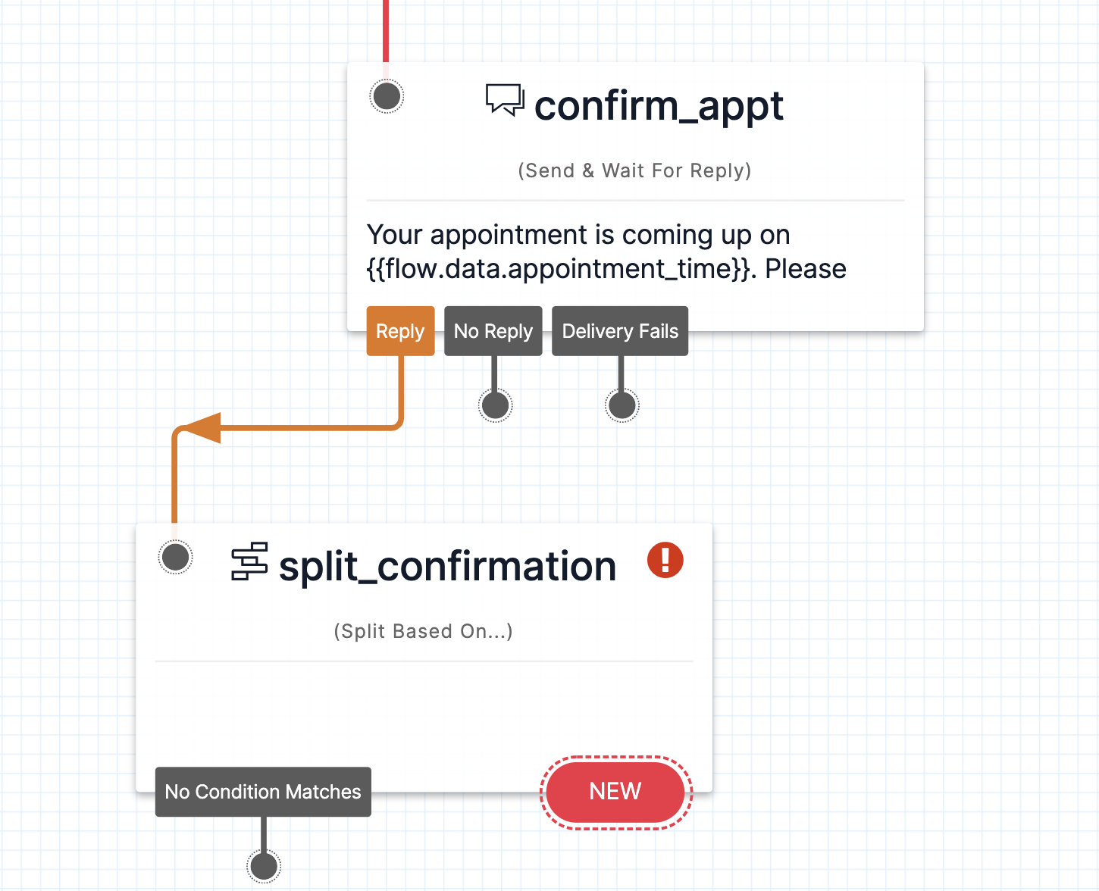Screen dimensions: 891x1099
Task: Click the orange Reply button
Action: click(400, 331)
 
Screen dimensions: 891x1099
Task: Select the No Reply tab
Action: click(493, 331)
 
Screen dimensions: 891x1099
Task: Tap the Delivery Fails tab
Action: click(619, 331)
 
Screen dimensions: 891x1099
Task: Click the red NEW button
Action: click(615, 792)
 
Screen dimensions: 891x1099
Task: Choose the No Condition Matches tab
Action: click(263, 792)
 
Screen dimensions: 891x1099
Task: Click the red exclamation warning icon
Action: click(665, 561)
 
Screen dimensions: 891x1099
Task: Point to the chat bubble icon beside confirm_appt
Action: click(505, 100)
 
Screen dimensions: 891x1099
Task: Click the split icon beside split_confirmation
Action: click(249, 561)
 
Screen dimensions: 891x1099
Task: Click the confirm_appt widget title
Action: click(659, 105)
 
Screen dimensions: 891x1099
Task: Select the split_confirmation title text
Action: click(447, 567)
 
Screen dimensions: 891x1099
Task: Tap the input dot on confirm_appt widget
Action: click(387, 96)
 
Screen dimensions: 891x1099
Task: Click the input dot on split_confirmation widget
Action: click(176, 558)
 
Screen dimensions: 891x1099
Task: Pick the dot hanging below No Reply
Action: click(495, 405)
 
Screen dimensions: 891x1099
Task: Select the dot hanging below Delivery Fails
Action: click(622, 405)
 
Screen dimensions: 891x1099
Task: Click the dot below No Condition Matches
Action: click(264, 865)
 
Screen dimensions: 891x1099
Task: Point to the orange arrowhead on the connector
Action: click(202, 428)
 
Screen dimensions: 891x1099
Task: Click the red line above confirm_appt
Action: click(386, 30)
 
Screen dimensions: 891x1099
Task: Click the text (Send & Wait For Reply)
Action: click(634, 170)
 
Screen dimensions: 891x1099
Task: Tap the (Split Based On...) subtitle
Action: click(423, 631)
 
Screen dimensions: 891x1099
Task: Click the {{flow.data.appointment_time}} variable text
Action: click(561, 269)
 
